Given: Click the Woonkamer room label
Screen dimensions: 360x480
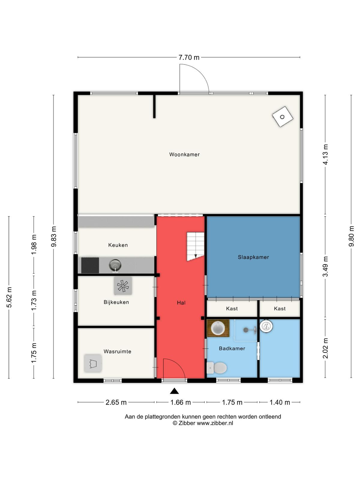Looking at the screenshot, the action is click(x=184, y=154).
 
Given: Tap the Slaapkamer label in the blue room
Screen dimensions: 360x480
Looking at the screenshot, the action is click(x=253, y=257).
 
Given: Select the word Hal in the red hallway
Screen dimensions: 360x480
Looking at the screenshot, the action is click(x=181, y=303).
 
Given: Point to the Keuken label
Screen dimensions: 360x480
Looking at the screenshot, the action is click(x=118, y=245).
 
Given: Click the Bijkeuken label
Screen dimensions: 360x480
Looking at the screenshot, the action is click(x=116, y=302).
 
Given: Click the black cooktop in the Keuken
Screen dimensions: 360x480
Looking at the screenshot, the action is click(x=90, y=265).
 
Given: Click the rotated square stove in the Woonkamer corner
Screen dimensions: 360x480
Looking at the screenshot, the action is click(x=282, y=117).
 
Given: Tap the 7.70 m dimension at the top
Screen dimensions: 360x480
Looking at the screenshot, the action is click(x=189, y=57).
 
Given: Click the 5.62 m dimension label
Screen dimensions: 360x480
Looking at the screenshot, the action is click(x=9, y=297).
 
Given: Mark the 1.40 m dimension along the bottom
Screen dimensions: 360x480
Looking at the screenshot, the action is click(x=280, y=402).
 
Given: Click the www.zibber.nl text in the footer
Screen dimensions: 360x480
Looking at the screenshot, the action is click(x=215, y=423).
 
